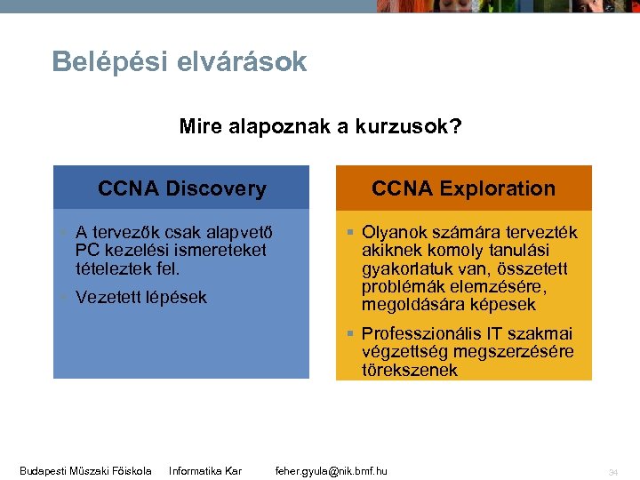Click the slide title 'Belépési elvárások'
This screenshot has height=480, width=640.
point(179,62)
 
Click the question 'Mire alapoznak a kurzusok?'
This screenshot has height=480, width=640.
point(320,126)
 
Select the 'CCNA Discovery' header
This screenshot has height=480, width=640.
point(181,188)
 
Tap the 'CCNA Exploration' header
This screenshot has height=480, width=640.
point(463,188)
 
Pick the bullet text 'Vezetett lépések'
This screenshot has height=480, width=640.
point(140,297)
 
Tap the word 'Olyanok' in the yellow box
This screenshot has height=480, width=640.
point(393,232)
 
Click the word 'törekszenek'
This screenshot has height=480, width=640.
point(409,370)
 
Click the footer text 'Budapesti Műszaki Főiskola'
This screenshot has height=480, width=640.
point(85,470)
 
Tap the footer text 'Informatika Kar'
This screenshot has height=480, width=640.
point(205,470)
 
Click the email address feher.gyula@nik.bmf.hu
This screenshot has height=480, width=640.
point(331,470)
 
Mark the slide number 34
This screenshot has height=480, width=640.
point(612,471)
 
